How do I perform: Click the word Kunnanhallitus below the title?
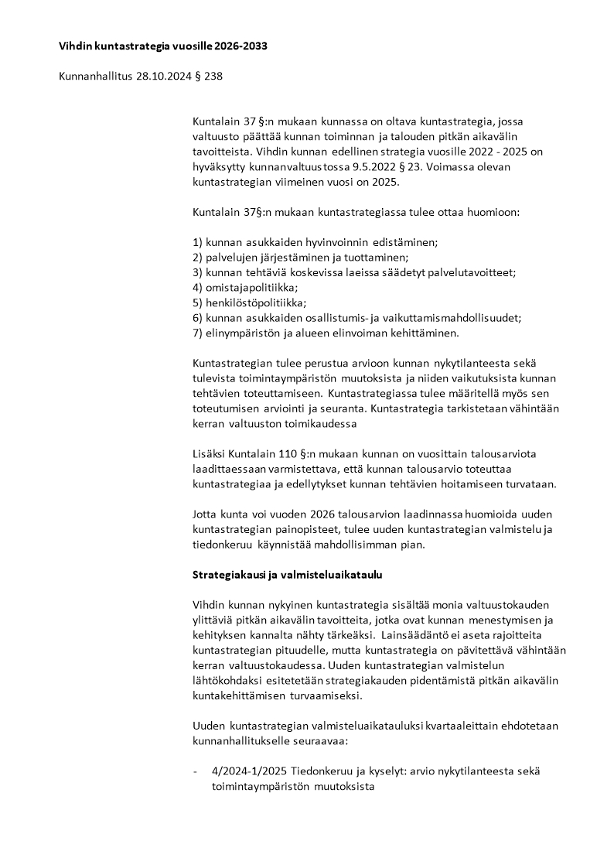pos(92,76)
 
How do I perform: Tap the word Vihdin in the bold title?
pos(75,46)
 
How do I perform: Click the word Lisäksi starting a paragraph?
pos(209,453)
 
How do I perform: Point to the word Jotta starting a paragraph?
pos(205,514)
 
